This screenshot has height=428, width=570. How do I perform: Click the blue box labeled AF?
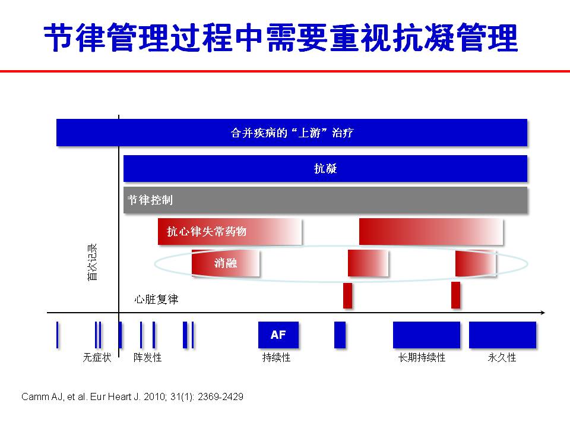pyautogui.click(x=278, y=335)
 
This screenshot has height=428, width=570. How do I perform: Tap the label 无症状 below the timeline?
pyautogui.click(x=97, y=357)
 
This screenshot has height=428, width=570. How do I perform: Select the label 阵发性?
pyautogui.click(x=148, y=357)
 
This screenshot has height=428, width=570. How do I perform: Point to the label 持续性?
pyautogui.click(x=276, y=357)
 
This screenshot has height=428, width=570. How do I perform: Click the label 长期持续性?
pyautogui.click(x=422, y=357)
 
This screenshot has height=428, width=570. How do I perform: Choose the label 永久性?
pyautogui.click(x=502, y=357)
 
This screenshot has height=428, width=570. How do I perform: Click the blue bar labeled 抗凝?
pyautogui.click(x=325, y=168)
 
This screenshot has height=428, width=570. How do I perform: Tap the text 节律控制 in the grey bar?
pyautogui.click(x=150, y=200)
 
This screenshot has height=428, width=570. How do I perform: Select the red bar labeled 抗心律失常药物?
pyautogui.click(x=229, y=231)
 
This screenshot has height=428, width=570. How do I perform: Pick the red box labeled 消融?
pyautogui.click(x=226, y=263)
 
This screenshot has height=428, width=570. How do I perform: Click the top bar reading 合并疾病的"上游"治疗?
pyautogui.click(x=292, y=133)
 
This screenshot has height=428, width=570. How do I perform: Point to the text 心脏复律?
pyautogui.click(x=156, y=299)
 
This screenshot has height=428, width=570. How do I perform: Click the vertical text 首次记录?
pyautogui.click(x=93, y=262)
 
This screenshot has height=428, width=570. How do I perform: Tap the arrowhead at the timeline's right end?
pyautogui.click(x=543, y=313)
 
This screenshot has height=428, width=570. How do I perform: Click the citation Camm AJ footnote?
pyautogui.click(x=132, y=396)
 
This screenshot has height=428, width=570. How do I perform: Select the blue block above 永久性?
pyautogui.click(x=502, y=335)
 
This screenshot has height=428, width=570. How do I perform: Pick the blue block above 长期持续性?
pyautogui.click(x=426, y=335)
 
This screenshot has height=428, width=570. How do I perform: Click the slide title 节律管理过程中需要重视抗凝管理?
pyautogui.click(x=281, y=37)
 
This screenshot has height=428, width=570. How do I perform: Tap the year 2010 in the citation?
pyautogui.click(x=155, y=396)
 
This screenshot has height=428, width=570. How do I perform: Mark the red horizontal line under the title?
pyautogui.click(x=285, y=71)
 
